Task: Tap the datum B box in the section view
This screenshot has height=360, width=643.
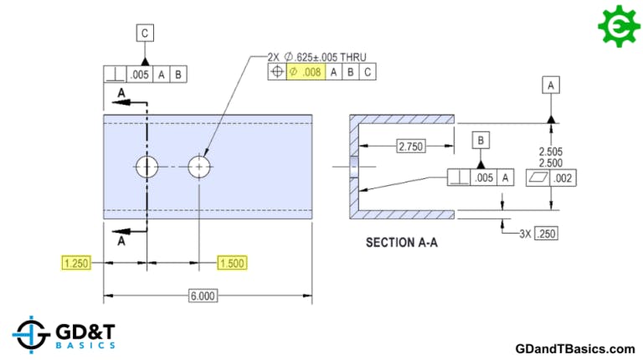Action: click(481, 141)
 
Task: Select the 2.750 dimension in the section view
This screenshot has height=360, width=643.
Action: click(410, 146)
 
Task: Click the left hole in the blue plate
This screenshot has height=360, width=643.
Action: click(147, 167)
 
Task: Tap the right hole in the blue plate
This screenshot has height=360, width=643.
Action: click(199, 167)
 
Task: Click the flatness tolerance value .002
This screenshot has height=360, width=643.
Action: click(564, 178)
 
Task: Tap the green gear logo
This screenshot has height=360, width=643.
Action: click(619, 24)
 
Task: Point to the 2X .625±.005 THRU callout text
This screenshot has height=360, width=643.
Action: click(317, 57)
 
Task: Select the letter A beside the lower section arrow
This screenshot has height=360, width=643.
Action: click(121, 242)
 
